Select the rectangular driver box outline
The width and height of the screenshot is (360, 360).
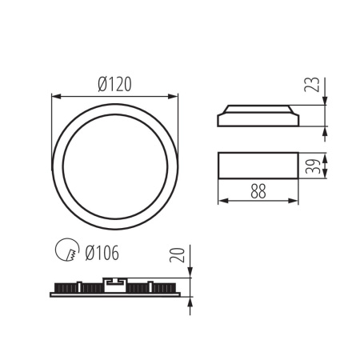(x=258, y=166)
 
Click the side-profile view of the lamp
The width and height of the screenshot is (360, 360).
(x=258, y=117)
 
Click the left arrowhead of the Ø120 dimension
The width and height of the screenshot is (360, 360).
(x=54, y=97)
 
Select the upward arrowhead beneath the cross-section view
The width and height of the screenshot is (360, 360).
(x=191, y=300)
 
